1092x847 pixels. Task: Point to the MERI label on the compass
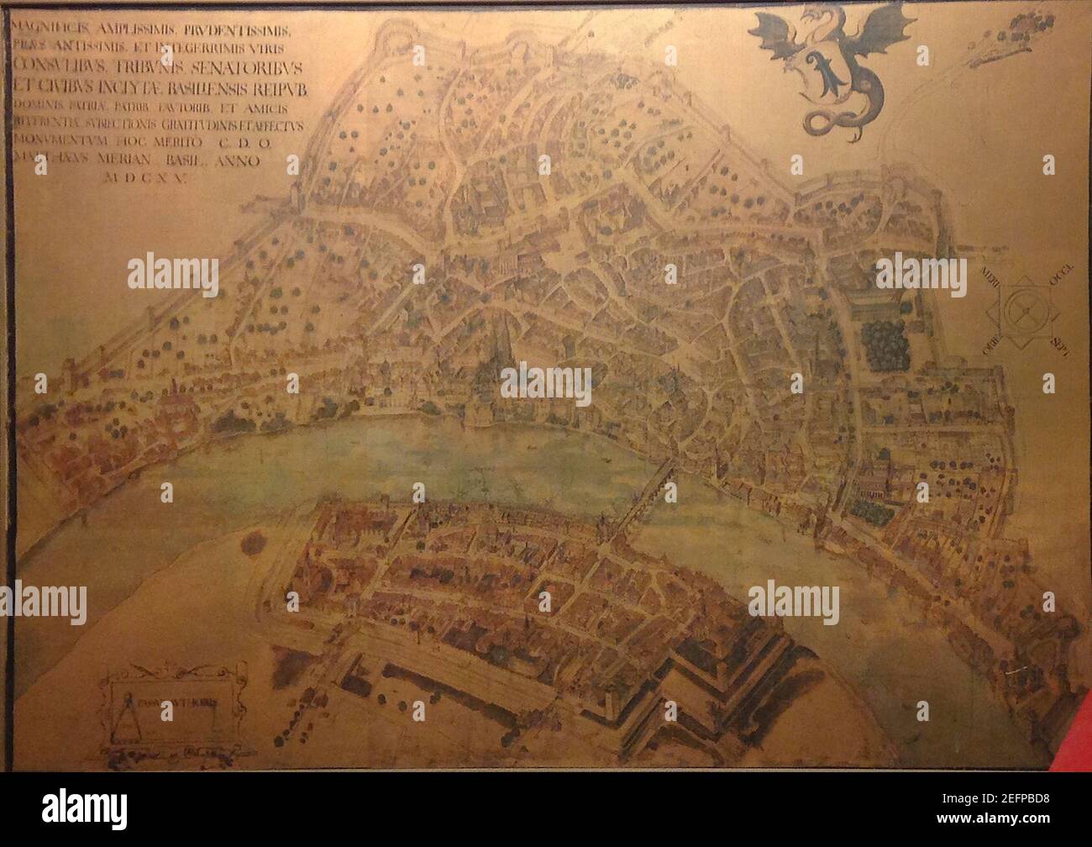point(991,275)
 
